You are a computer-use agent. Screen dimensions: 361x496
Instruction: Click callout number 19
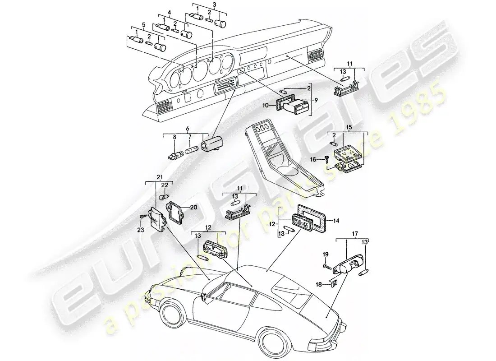click(x=325, y=256)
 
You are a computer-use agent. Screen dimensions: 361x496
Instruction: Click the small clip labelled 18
click(x=333, y=283)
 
